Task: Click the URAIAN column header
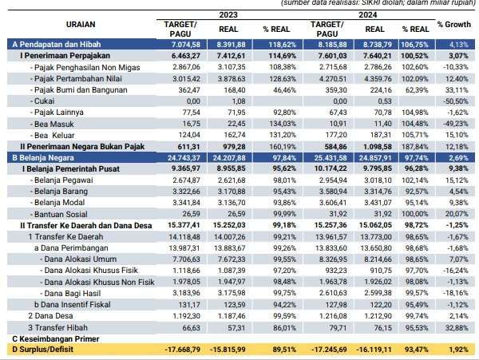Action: tap(81, 24)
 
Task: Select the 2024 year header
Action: tap(368, 14)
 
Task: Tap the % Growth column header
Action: tap(454, 25)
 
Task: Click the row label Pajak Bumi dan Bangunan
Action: tap(81, 90)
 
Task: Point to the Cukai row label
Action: tap(44, 101)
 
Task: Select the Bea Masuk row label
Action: tap(54, 124)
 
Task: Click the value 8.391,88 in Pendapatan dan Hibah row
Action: tap(231, 45)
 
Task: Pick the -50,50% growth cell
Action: tap(456, 101)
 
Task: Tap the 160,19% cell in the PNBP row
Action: tap(283, 147)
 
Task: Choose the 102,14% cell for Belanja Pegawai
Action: tap(415, 180)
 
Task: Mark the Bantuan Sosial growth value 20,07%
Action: tap(457, 214)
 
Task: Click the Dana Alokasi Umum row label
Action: tap(81, 259)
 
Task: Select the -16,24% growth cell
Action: tap(456, 271)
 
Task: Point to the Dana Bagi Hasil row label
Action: tap(73, 294)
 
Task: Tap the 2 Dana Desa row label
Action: tap(51, 316)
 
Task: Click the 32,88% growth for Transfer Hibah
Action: tap(457, 328)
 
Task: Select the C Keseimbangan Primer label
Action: tap(56, 339)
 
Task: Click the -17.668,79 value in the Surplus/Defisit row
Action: tap(183, 350)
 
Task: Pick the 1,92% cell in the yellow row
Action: tap(458, 350)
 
